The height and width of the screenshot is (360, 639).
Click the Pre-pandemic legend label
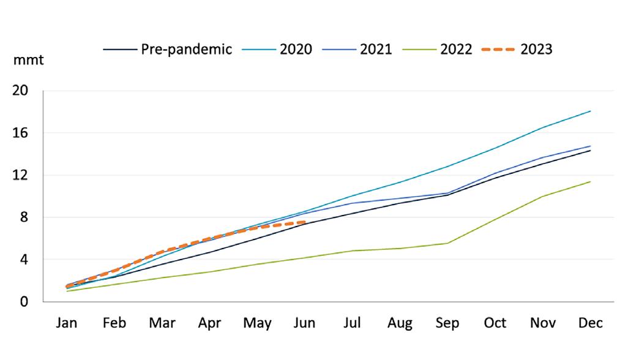186,50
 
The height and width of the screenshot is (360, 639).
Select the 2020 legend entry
277,50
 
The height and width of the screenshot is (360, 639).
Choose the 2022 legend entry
437,50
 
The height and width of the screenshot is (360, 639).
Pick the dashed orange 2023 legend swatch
498,50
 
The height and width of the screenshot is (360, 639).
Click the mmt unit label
29,60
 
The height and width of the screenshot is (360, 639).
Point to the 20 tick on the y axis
20,91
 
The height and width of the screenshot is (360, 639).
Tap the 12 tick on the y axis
20,175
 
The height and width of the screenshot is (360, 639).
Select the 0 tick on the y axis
24,302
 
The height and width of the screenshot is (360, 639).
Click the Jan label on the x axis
67,323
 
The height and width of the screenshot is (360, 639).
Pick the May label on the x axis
257,323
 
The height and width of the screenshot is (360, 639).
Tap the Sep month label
447,323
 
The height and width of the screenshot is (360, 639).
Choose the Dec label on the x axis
591,323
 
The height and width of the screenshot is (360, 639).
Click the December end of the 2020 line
591,111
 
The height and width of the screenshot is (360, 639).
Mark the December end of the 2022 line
591,181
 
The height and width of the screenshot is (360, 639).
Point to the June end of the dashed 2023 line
305,222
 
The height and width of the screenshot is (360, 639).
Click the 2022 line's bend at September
447,244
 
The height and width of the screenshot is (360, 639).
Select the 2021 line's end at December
591,146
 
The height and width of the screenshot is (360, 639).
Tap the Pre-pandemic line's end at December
591,151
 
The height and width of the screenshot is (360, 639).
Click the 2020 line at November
543,127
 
